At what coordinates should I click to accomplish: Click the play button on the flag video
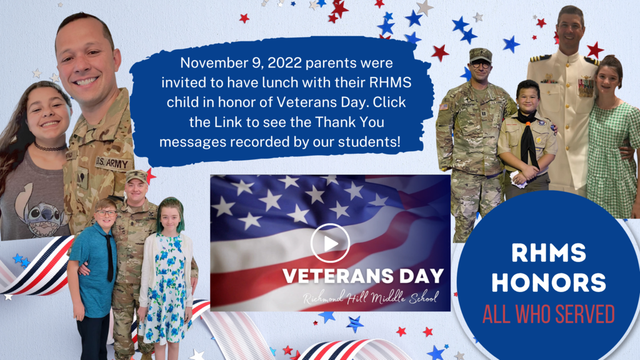(330, 243)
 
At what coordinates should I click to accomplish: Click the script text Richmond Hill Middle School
(371, 297)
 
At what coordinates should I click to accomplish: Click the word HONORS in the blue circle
(549, 282)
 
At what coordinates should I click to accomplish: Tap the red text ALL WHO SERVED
(549, 314)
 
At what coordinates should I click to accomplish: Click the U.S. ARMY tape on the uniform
(112, 163)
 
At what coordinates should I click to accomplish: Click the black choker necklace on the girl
(50, 147)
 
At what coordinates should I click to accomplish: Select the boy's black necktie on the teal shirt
(109, 257)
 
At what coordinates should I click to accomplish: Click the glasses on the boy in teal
(106, 212)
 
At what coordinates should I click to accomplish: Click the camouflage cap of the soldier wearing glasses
(481, 55)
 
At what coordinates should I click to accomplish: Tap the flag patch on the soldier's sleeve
(444, 107)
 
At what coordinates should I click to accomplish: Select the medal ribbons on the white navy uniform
(586, 87)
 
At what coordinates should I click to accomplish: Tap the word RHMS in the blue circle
(549, 252)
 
